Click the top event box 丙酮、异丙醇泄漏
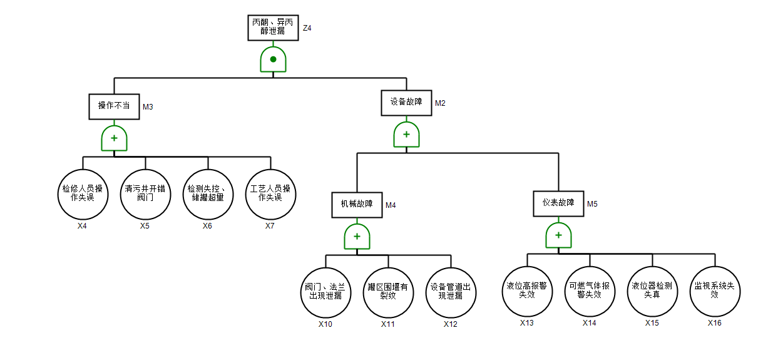tap(272, 26)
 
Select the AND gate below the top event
tap(273, 59)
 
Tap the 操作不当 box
tap(114, 106)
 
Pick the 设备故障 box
tap(406, 102)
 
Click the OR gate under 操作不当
tap(114, 138)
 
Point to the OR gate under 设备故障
tap(406, 135)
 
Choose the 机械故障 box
tap(357, 204)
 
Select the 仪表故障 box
tap(558, 203)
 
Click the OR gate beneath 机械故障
tap(357, 237)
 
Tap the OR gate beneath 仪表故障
tap(558, 235)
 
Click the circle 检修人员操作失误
tap(83, 193)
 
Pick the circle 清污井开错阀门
tap(145, 193)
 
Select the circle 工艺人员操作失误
tap(270, 193)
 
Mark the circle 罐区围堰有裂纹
tap(388, 292)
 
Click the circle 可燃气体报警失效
tap(590, 290)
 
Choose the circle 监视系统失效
tap(715, 290)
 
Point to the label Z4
tap(307, 28)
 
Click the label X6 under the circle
tap(207, 226)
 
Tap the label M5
tap(592, 203)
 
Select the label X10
tap(325, 324)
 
